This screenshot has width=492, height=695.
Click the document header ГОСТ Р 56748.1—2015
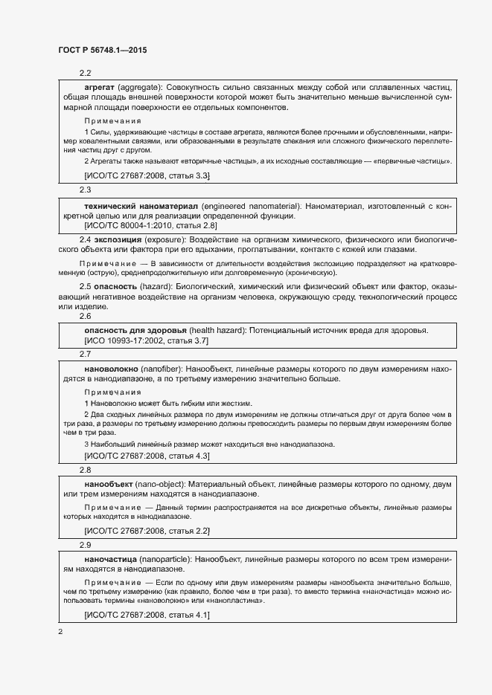tap(102, 51)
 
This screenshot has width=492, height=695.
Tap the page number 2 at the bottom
tap(60, 632)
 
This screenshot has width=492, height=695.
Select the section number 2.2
tap(85, 73)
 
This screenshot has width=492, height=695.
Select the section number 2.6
tap(85, 316)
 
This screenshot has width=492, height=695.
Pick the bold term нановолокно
tap(112, 368)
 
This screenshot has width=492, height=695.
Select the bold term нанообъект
tap(109, 484)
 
